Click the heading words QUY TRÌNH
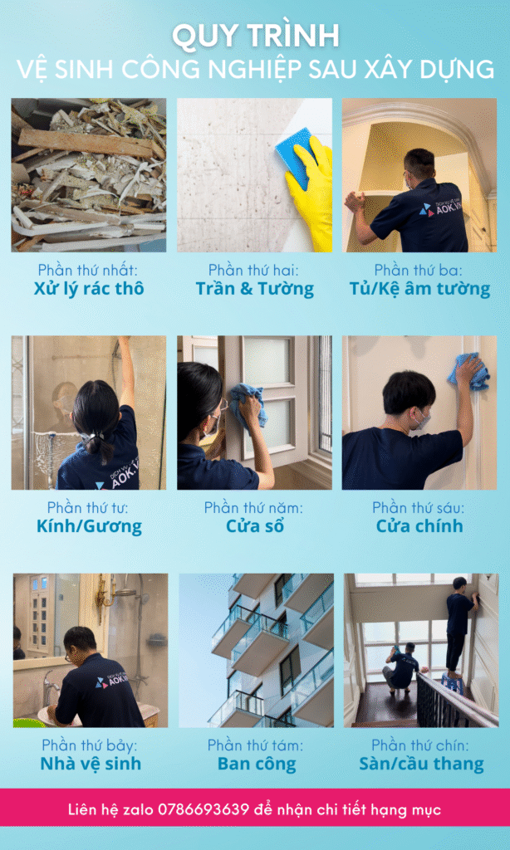point(255,37)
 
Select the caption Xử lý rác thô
point(89,289)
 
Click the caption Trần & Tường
point(254,289)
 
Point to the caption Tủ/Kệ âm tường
point(419,289)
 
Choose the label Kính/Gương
point(90,526)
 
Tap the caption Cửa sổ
point(254,525)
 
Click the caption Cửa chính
point(419,525)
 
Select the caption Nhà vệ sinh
point(91,764)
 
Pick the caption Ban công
point(257,765)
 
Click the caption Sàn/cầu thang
point(421,765)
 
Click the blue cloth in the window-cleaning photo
point(249,404)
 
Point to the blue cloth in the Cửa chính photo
point(468,371)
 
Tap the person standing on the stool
point(459,624)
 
